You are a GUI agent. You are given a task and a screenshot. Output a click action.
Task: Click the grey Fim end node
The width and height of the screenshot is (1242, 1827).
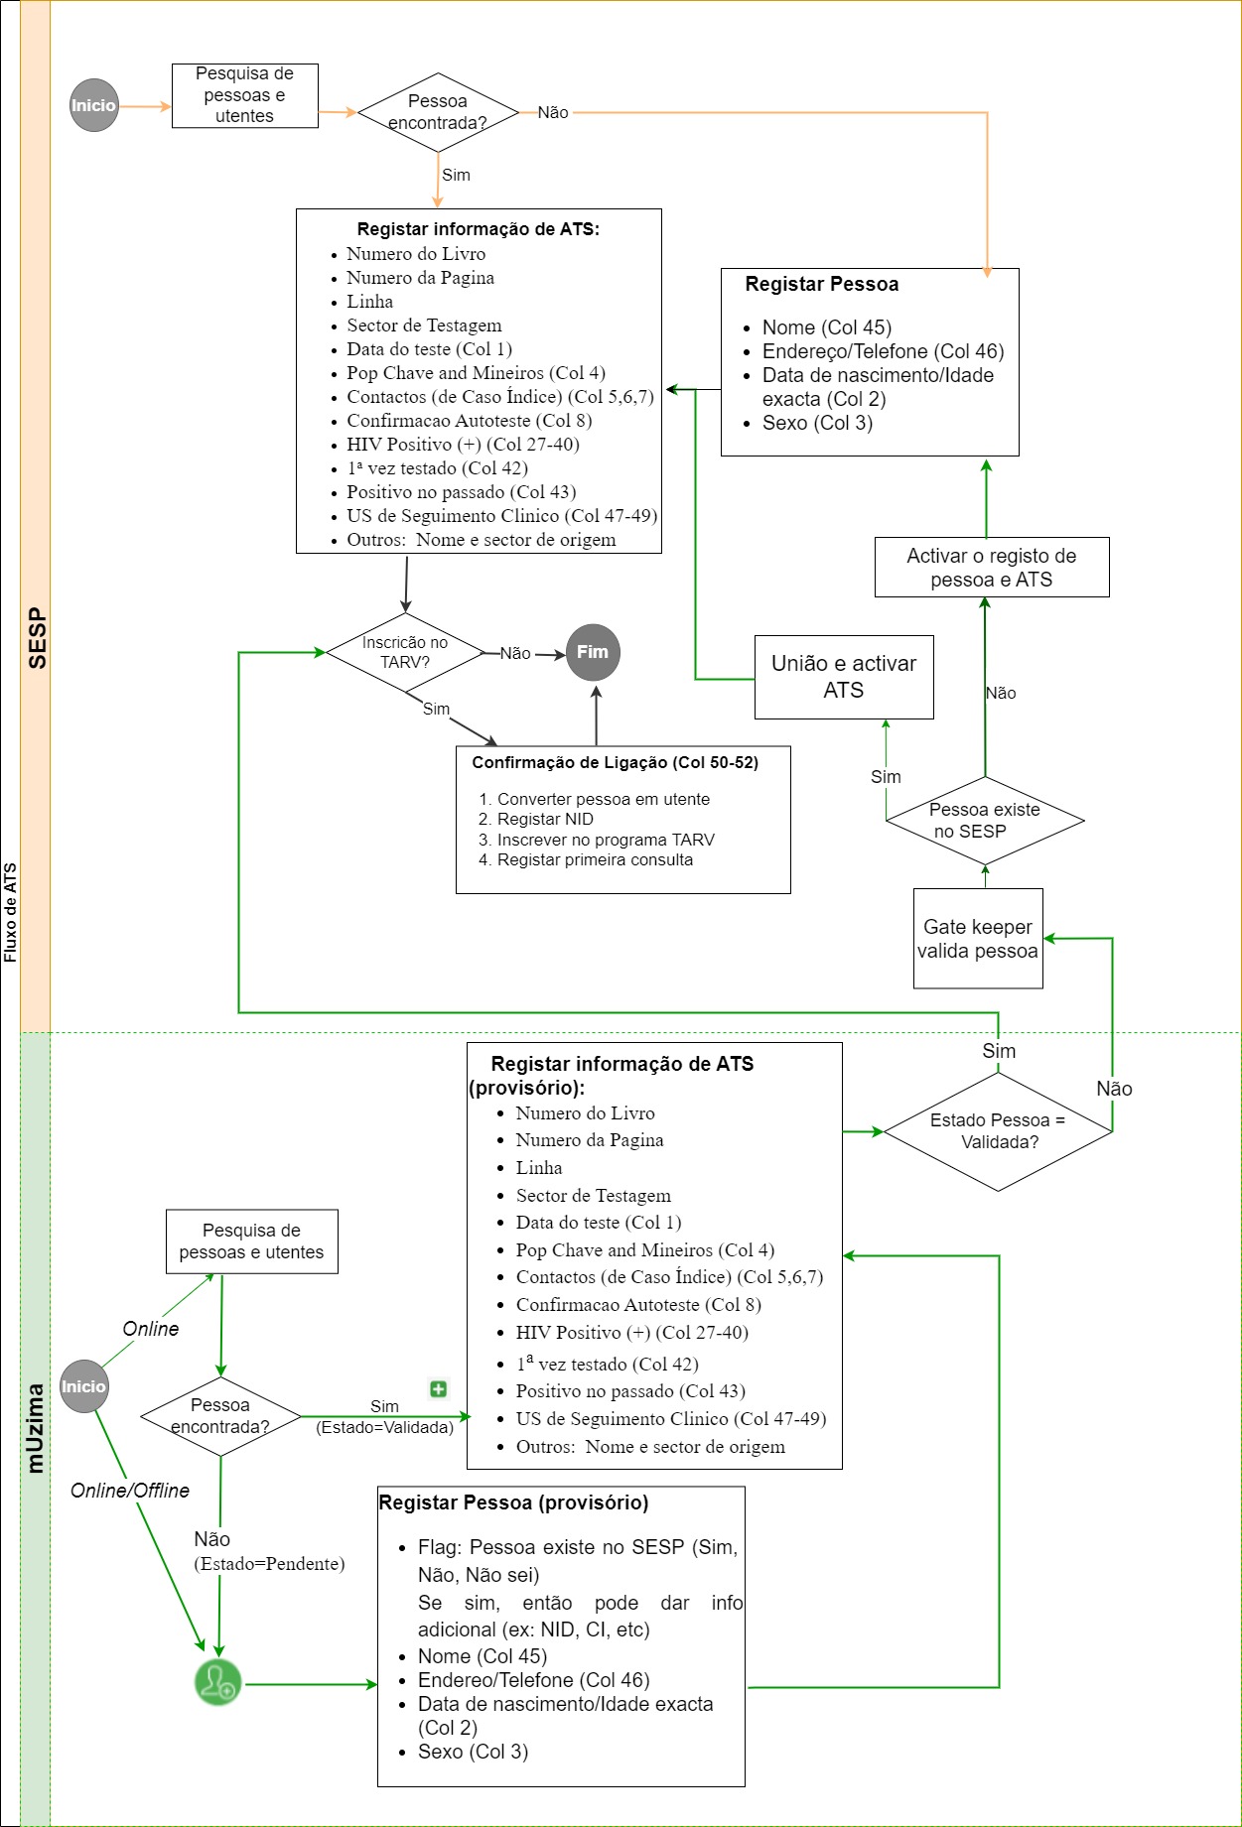coord(593,653)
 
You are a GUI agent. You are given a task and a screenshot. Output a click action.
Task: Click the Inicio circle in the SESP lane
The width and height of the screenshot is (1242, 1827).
coord(94,105)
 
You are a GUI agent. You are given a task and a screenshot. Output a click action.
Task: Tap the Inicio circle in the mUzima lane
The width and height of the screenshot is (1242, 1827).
coord(83,1386)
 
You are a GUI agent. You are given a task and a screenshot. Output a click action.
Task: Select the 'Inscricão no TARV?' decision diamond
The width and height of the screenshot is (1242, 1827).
coord(405,653)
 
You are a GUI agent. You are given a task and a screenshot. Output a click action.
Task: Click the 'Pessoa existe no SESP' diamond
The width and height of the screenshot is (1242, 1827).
coord(985,821)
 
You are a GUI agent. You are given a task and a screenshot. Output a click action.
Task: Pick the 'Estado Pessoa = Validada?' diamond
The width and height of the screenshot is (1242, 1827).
coord(998,1131)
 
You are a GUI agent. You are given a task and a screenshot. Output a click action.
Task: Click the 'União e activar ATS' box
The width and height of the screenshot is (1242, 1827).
coord(844,677)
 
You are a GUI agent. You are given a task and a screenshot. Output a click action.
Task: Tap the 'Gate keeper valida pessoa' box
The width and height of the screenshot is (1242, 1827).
coord(978,939)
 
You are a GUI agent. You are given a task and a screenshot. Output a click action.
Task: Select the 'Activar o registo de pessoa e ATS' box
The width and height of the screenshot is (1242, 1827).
coord(992,568)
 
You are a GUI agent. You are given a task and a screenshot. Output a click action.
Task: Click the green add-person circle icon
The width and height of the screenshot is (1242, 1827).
coord(217,1683)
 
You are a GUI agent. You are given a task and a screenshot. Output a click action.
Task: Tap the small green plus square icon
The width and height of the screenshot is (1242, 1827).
coord(438,1388)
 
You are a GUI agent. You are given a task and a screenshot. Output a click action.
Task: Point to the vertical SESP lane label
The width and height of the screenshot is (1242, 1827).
coord(37,637)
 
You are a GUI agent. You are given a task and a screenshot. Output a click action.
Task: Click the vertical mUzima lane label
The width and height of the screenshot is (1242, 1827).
coord(36,1428)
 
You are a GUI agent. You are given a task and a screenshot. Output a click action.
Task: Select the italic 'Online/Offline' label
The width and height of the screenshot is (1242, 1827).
coord(130,1491)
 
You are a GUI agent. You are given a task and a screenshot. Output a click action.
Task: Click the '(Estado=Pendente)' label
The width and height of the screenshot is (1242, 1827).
coord(269,1564)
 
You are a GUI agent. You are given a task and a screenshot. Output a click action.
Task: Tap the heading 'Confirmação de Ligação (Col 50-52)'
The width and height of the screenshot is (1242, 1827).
coord(616,763)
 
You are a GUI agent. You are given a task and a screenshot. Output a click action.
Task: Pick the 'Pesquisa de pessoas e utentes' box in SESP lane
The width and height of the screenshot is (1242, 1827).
coord(245,95)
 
